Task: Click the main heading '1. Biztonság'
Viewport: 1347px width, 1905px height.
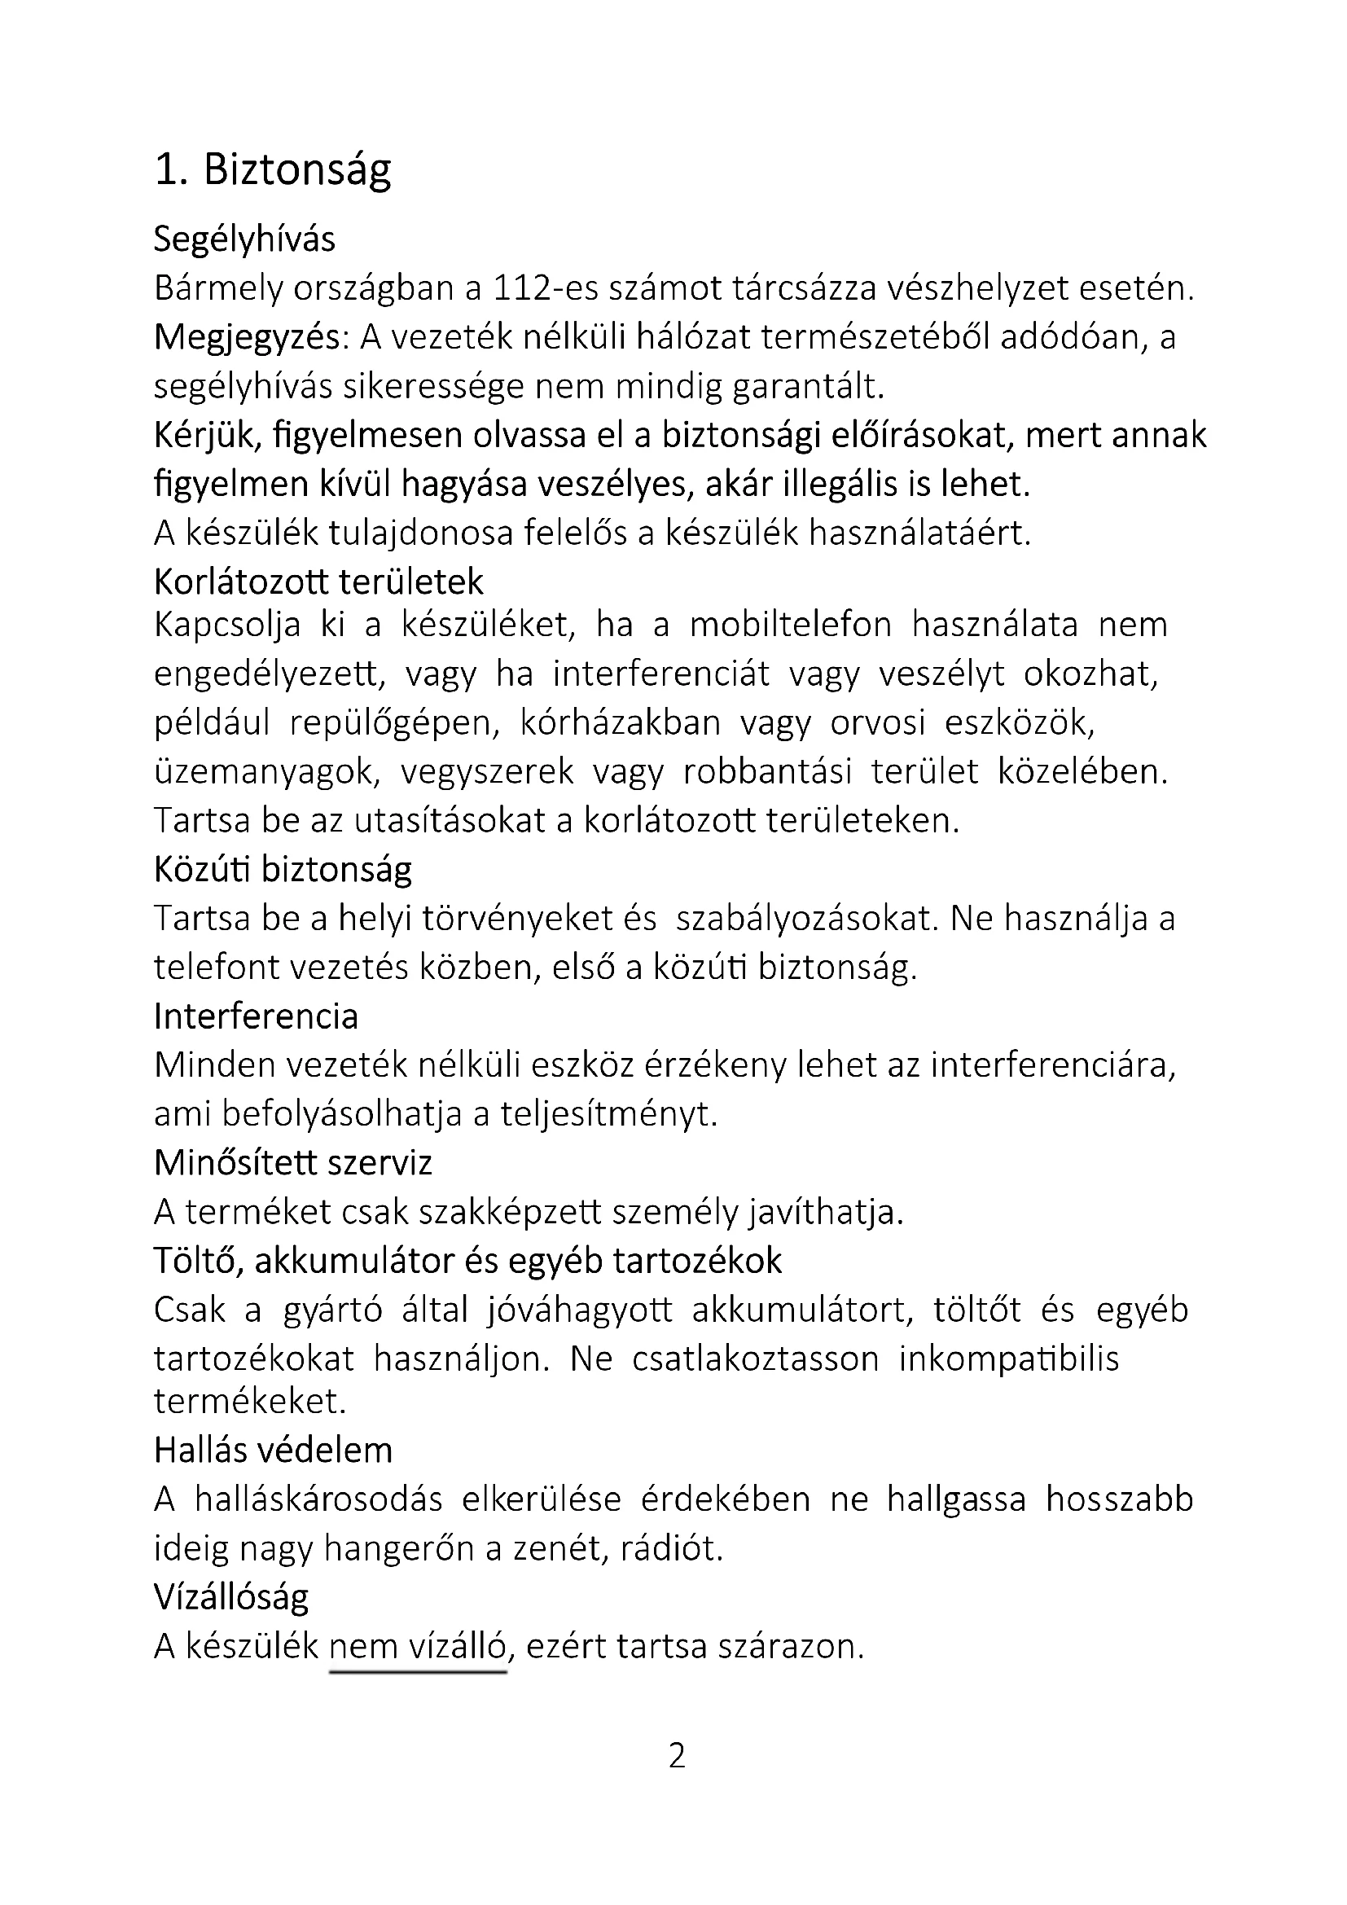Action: pos(272,170)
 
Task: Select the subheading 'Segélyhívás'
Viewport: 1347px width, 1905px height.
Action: pos(244,239)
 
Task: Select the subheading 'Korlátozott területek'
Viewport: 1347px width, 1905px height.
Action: pos(318,582)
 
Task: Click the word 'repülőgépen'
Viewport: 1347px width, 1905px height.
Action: pos(395,722)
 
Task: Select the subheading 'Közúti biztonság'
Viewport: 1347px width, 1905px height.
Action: pos(283,870)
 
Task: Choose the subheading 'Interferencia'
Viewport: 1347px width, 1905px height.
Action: pos(256,1016)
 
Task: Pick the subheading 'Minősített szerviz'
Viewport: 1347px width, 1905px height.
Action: pos(293,1163)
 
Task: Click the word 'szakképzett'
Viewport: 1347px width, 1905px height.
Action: pos(510,1212)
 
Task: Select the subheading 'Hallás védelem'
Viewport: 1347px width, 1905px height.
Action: pos(273,1451)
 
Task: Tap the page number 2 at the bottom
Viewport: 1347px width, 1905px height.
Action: pos(677,1757)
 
